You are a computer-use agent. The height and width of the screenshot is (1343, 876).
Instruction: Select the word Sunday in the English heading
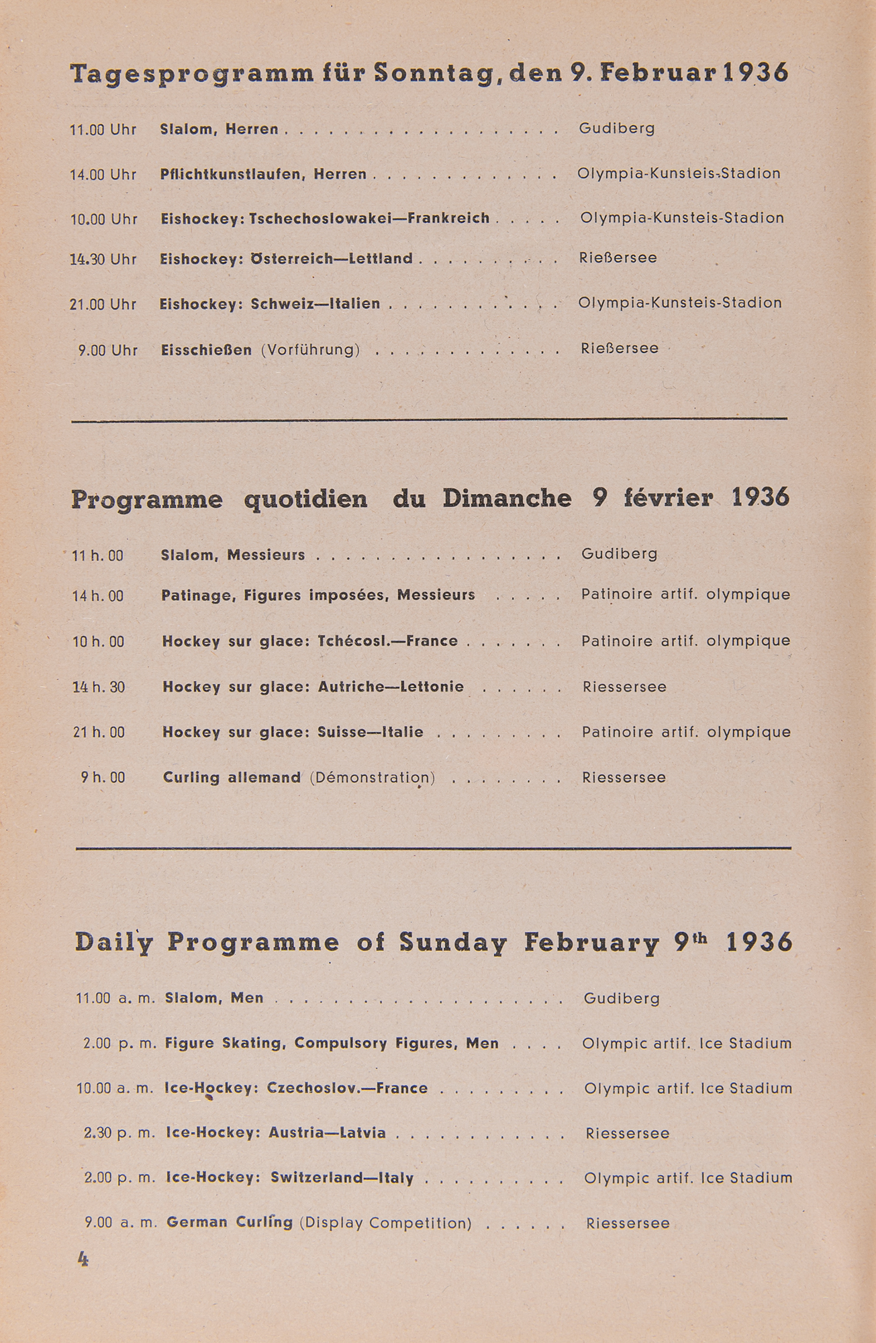(x=452, y=942)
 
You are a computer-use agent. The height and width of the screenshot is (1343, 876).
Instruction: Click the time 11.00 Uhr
(x=103, y=130)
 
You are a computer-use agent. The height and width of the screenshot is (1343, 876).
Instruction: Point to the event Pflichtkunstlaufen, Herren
(x=263, y=175)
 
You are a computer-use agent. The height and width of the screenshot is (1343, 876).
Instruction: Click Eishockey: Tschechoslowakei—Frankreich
(x=325, y=219)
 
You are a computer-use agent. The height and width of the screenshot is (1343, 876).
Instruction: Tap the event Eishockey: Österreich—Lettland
(x=287, y=259)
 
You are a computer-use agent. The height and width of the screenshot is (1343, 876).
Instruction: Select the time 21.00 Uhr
(x=103, y=304)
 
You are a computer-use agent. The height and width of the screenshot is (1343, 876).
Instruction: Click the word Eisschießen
(x=207, y=350)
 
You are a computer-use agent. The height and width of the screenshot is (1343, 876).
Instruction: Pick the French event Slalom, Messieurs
(x=233, y=555)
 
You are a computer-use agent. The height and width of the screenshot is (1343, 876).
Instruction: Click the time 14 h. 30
(x=99, y=688)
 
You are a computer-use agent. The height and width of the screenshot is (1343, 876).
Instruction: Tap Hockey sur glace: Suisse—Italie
(x=293, y=733)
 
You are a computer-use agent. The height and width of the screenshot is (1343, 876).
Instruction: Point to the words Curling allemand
(x=232, y=778)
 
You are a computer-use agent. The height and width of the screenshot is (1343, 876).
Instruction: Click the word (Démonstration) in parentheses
(x=373, y=778)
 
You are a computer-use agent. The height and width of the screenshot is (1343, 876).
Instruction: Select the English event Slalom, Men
(x=214, y=998)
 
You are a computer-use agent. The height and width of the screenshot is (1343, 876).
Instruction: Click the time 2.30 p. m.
(x=119, y=1133)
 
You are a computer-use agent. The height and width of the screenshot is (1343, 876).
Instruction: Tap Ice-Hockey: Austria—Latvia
(x=276, y=1133)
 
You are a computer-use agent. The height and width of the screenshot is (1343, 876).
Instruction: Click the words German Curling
(x=230, y=1222)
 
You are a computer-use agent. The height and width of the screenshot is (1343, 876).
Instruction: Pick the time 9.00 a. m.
(x=121, y=1223)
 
